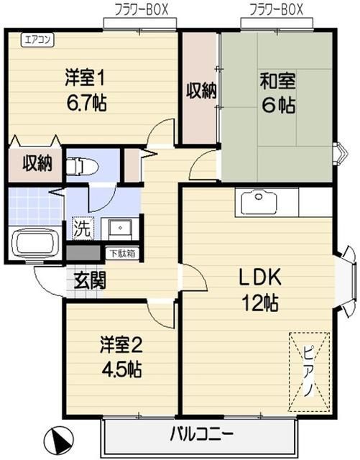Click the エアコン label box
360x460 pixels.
[37, 40]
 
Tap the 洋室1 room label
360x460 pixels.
[85, 78]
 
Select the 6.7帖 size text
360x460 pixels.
[86, 103]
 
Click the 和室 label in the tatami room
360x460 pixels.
[277, 80]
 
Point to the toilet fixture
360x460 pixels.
[82, 167]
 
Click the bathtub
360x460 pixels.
[35, 243]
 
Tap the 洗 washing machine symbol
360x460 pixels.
[83, 229]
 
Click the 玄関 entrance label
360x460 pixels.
[90, 281]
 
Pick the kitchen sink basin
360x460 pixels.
[259, 203]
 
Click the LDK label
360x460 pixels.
[260, 277]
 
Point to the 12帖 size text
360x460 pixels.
[259, 303]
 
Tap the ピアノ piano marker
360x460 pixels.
[309, 372]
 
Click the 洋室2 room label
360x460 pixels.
[121, 345]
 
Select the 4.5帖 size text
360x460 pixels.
[121, 369]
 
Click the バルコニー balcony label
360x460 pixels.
[202, 433]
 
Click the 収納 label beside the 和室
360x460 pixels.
[202, 91]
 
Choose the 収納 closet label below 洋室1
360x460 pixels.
[37, 163]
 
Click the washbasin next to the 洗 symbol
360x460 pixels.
[120, 228]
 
